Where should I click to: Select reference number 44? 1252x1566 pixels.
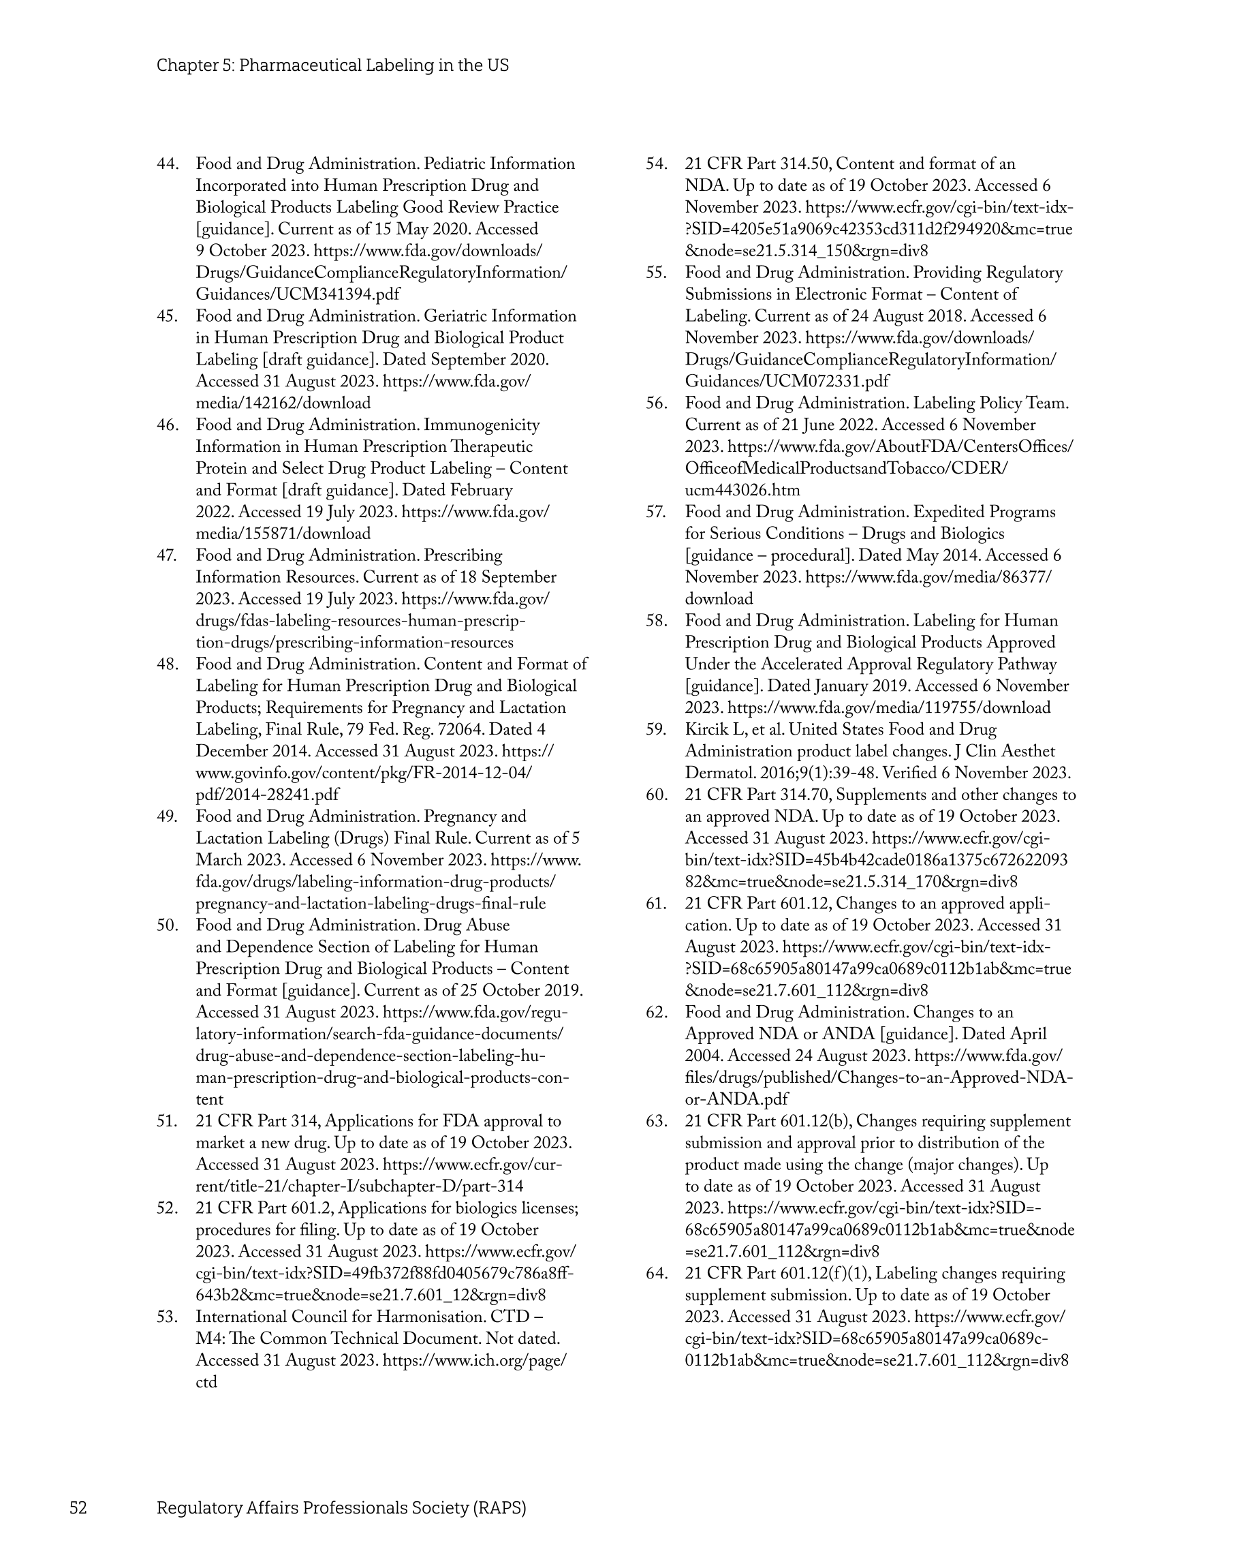click(x=168, y=164)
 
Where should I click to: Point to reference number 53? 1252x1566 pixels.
click(x=168, y=1317)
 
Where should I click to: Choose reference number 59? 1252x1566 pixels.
click(x=657, y=729)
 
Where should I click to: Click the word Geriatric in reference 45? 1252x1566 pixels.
click(x=457, y=316)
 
